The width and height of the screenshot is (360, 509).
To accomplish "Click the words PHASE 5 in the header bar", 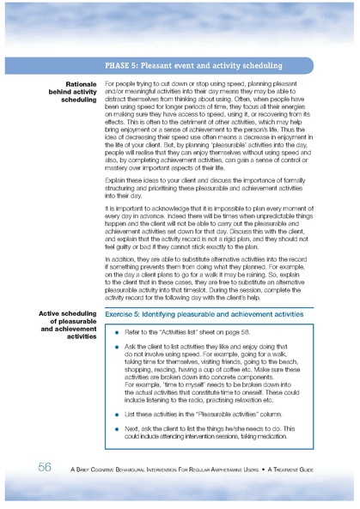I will (x=125, y=64).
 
